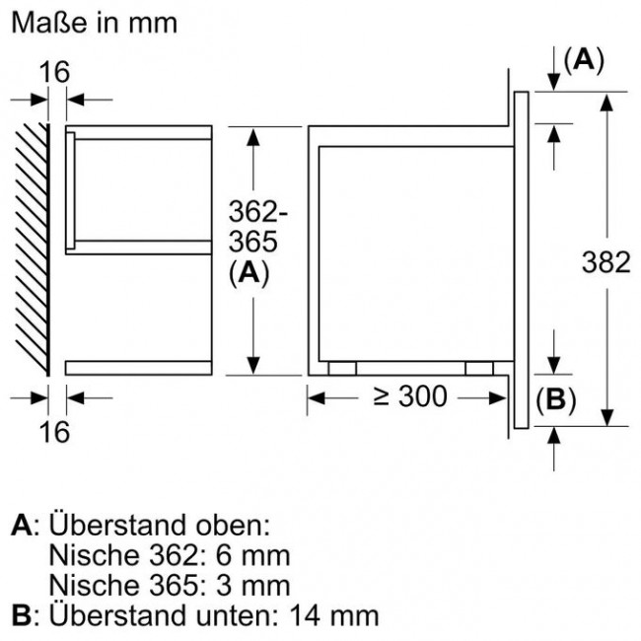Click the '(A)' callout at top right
tap(583, 60)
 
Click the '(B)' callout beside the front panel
tap(554, 399)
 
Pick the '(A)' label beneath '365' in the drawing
tap(249, 275)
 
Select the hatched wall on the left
tap(31, 247)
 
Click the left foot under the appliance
tap(342, 368)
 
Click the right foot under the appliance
tap(479, 368)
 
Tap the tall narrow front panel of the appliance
tap(522, 261)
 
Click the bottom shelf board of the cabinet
tap(138, 368)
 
